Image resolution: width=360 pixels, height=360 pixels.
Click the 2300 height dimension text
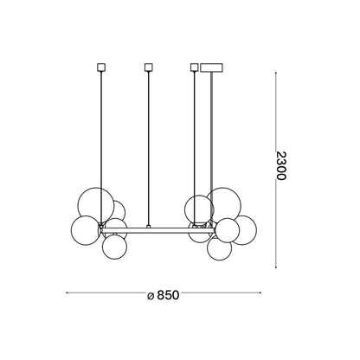pyautogui.click(x=281, y=165)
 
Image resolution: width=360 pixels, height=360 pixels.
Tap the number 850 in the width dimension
pyautogui.click(x=169, y=295)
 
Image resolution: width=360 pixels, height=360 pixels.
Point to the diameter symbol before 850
pyautogui.click(x=151, y=296)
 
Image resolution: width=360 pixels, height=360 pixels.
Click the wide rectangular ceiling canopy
pyautogui.click(x=212, y=67)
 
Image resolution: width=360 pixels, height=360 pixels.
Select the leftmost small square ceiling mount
pyautogui.click(x=100, y=67)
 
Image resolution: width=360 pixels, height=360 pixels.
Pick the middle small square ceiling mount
pyautogui.click(x=148, y=67)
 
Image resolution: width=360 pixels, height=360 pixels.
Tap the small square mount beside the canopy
pyautogui.click(x=195, y=67)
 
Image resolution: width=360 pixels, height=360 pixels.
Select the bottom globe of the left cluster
pyautogui.click(x=114, y=247)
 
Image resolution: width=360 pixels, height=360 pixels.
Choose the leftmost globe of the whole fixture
pyautogui.click(x=86, y=230)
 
